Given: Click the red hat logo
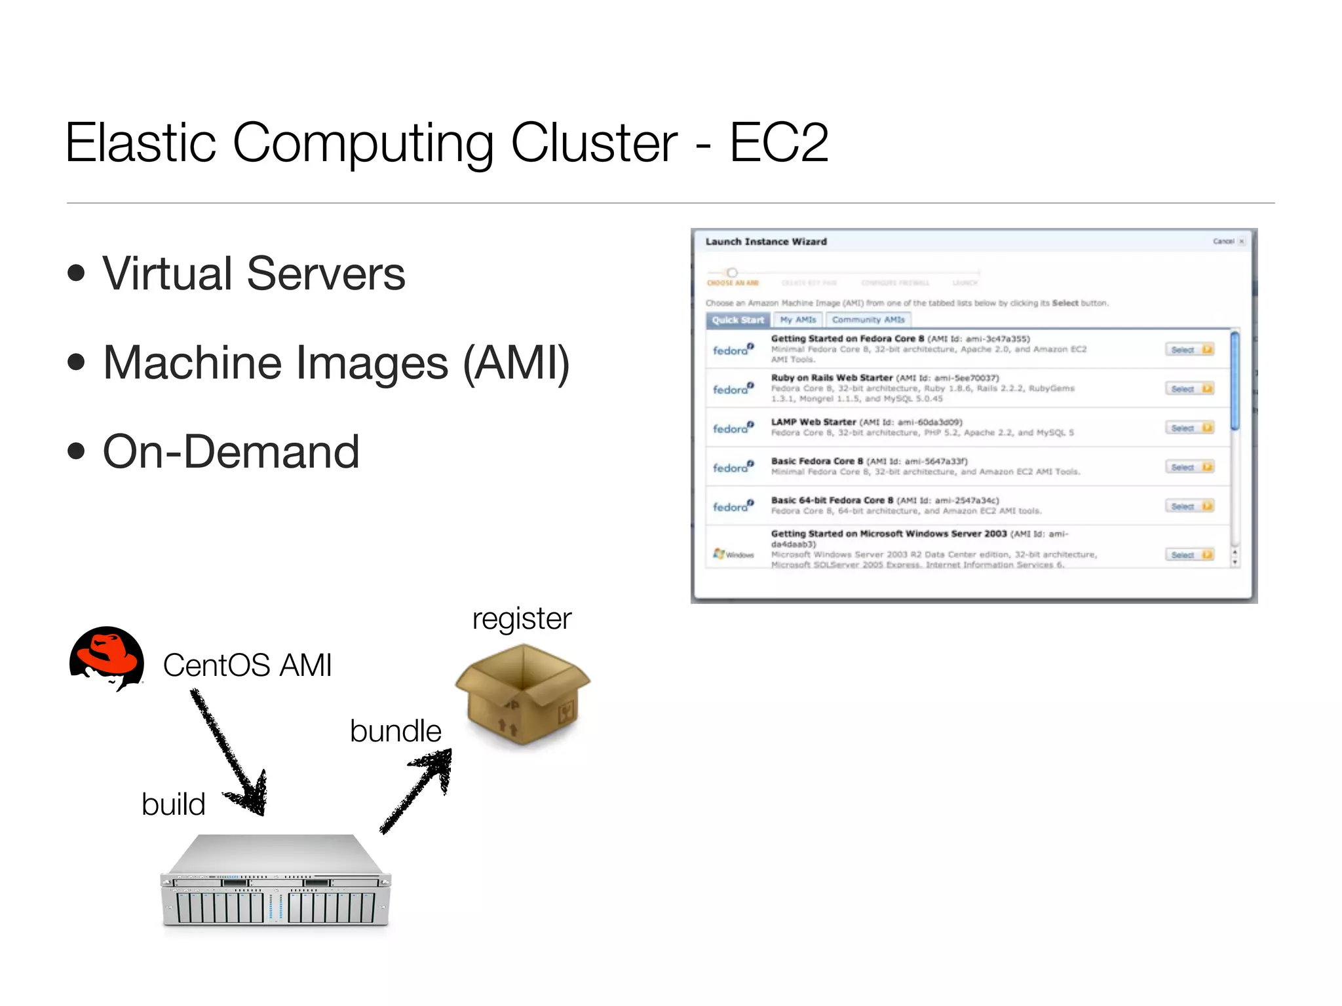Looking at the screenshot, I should click(107, 658).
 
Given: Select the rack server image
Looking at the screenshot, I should click(275, 881).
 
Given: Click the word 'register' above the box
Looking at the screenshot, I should click(522, 618).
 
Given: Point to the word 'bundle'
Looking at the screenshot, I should click(396, 731).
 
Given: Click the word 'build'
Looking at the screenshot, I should click(174, 804).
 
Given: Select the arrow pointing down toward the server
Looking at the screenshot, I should click(229, 753).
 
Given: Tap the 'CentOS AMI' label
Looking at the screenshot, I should click(247, 665).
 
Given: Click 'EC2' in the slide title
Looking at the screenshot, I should click(778, 142).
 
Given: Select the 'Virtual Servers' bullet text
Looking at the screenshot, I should click(254, 274).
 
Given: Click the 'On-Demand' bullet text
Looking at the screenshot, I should click(231, 452).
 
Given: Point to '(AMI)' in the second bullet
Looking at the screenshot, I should click(516, 363).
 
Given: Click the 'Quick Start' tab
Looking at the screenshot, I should click(738, 320).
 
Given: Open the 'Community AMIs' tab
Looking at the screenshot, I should click(868, 320).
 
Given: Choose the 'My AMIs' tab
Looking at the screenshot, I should click(798, 320).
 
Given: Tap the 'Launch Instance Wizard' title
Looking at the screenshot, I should click(766, 242).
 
